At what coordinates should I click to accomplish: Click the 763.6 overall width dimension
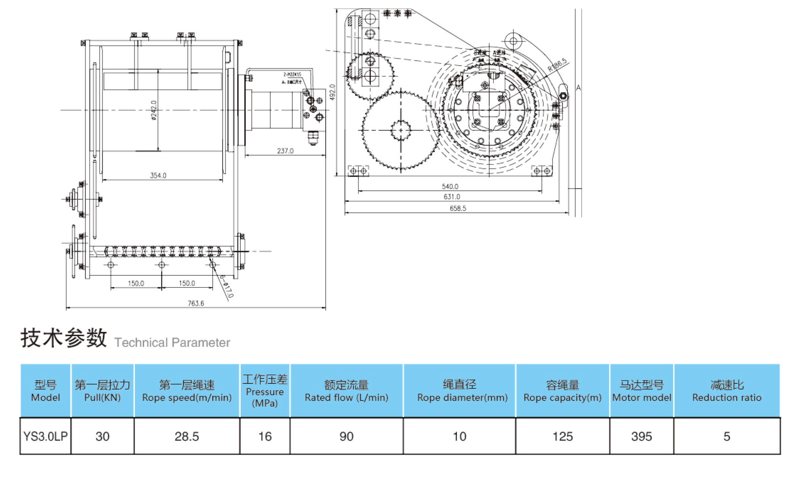[196, 303]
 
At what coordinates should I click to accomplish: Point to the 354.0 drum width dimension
[158, 176]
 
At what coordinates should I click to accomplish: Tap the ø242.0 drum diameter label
[154, 110]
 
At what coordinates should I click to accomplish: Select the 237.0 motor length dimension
[285, 151]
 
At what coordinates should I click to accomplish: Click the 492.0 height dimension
[333, 92]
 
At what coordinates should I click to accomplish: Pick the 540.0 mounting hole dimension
[450, 187]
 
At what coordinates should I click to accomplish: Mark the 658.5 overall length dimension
[458, 208]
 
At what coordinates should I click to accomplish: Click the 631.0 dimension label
[452, 197]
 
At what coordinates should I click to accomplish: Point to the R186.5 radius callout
[557, 65]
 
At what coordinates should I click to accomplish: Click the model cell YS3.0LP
[45, 437]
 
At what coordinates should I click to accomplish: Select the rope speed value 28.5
[187, 437]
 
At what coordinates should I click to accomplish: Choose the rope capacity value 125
[562, 437]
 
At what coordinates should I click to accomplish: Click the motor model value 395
[641, 437]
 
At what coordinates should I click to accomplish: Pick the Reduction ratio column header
[726, 391]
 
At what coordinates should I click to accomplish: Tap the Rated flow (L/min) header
[346, 391]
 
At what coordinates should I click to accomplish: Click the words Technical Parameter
[172, 342]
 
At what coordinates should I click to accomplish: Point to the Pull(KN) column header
[102, 391]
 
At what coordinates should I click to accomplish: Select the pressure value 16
[265, 437]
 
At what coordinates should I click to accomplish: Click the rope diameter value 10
[459, 437]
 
